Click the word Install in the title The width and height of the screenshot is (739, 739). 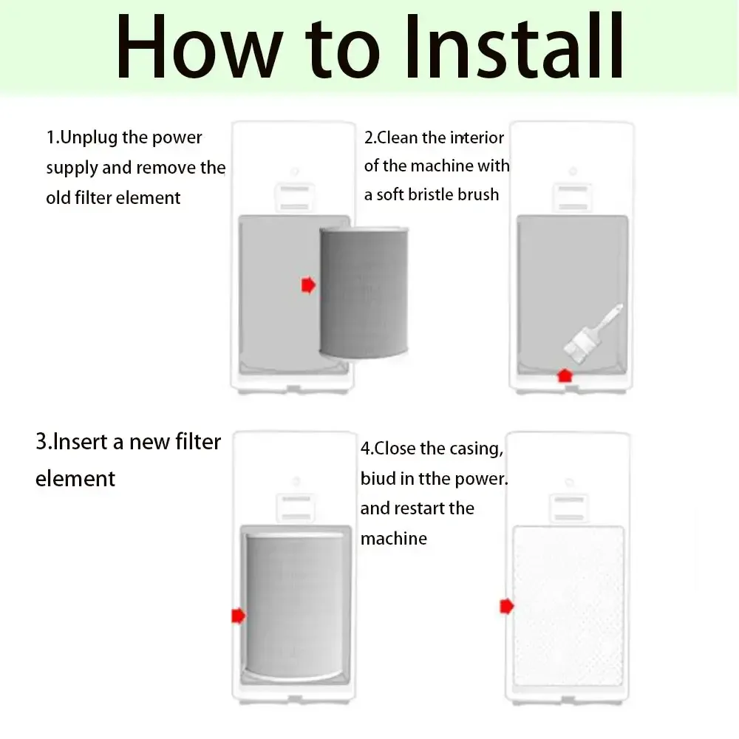point(515,46)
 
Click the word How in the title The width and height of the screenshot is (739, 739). point(200,46)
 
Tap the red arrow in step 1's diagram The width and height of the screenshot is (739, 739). point(308,285)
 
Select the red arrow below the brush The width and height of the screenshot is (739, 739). point(565,375)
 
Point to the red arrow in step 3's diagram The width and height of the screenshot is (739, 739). point(239,616)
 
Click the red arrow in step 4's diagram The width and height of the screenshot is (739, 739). point(507,606)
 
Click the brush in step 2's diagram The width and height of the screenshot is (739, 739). point(593,335)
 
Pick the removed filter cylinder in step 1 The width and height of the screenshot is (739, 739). point(364,292)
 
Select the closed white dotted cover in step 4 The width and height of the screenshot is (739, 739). point(568,606)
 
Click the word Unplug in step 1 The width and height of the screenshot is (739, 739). point(89,138)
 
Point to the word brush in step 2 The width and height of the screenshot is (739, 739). point(477,194)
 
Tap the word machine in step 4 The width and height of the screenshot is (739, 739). point(394,538)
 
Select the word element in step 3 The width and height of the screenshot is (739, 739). point(75,478)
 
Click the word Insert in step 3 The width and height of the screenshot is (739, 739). point(80,442)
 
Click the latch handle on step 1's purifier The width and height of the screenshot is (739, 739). point(295,197)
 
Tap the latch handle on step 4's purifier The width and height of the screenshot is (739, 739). point(569,508)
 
